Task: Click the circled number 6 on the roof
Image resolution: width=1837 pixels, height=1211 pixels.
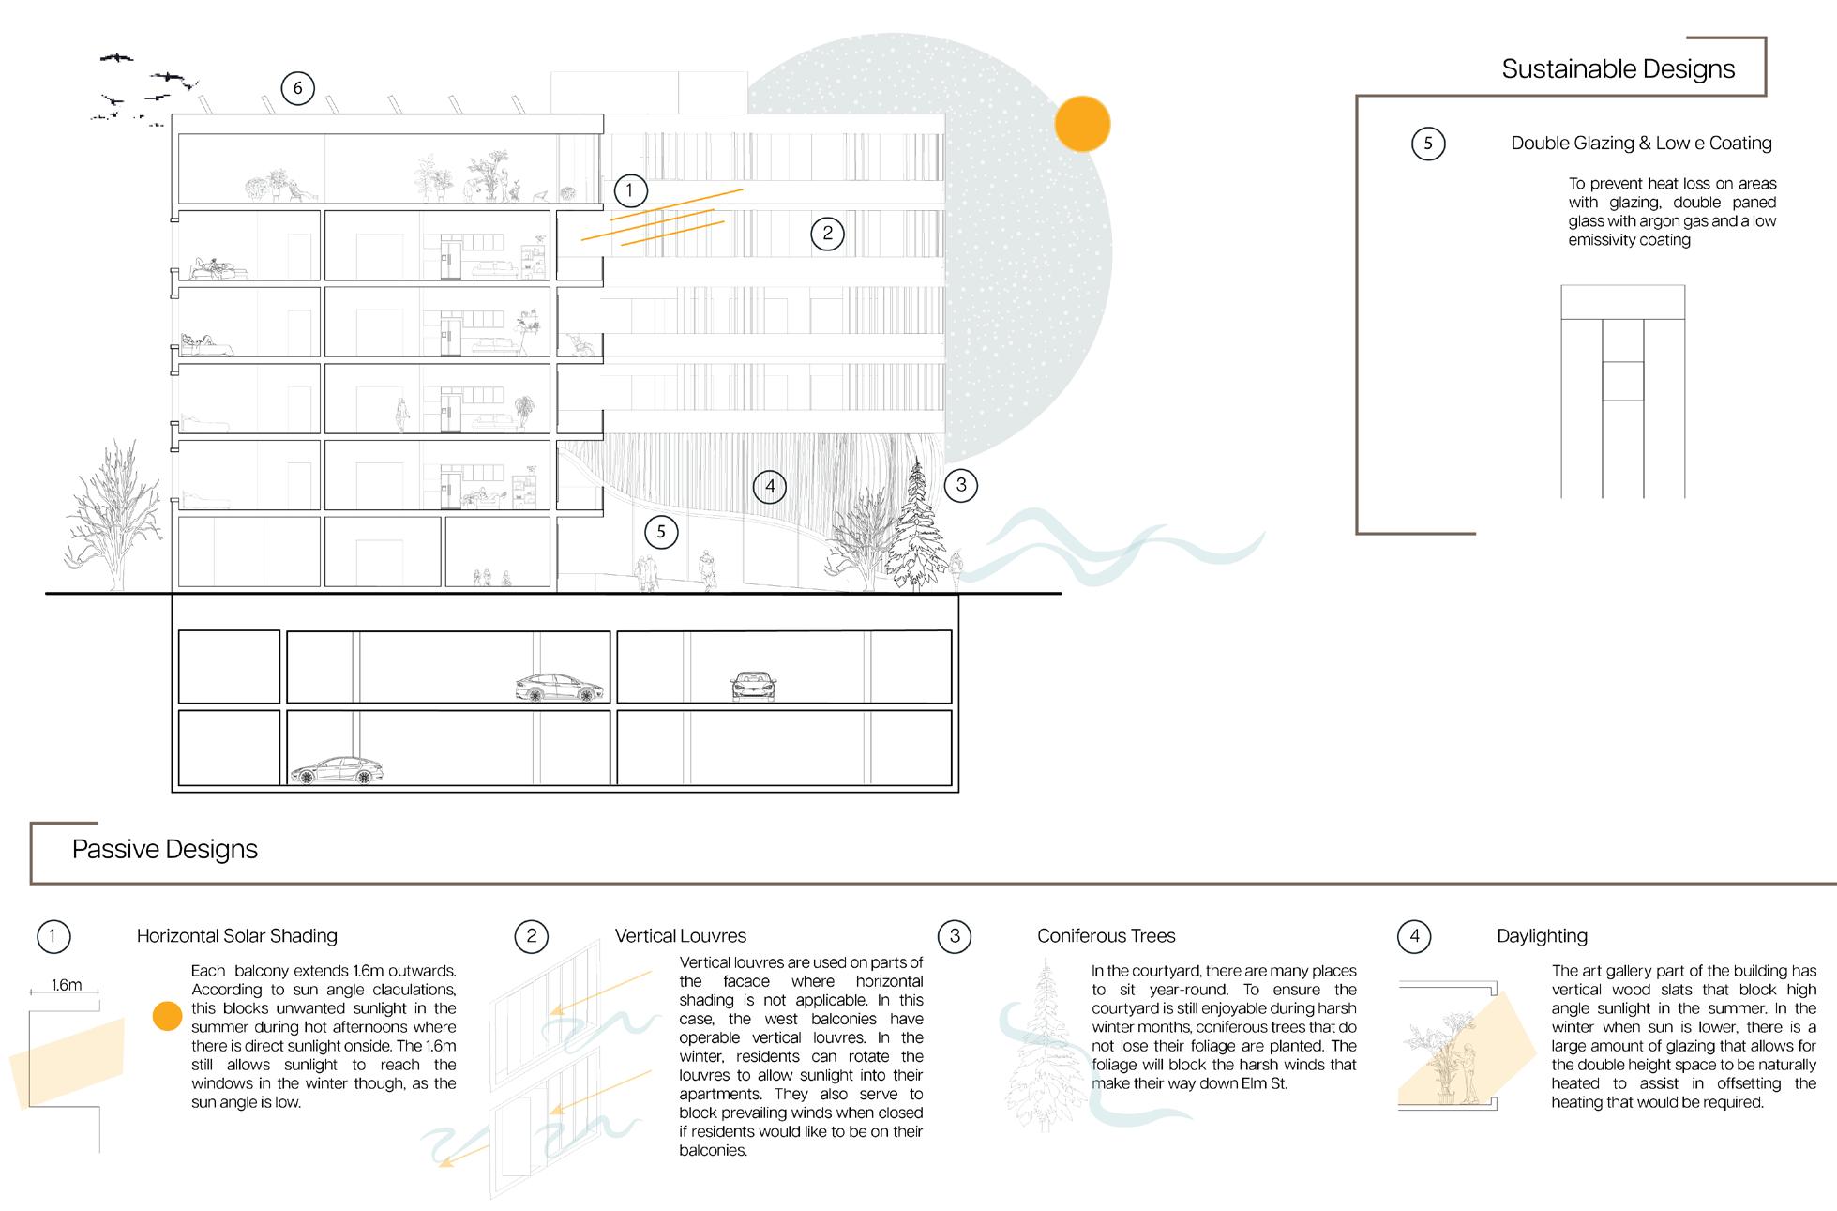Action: (x=298, y=88)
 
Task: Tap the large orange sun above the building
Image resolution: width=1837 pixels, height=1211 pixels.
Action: (x=1082, y=124)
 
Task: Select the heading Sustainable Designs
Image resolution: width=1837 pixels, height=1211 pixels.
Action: (x=1618, y=68)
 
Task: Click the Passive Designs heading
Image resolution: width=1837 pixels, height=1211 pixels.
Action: (x=165, y=849)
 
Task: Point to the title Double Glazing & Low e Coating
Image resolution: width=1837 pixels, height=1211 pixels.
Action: (x=1641, y=144)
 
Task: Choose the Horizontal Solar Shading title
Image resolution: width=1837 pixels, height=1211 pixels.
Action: (x=237, y=935)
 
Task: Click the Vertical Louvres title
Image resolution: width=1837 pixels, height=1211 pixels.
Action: (x=681, y=935)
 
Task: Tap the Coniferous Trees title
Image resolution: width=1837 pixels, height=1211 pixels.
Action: (x=1106, y=935)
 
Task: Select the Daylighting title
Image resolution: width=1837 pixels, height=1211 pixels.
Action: (x=1542, y=935)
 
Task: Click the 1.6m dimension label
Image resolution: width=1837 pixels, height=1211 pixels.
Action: (x=67, y=985)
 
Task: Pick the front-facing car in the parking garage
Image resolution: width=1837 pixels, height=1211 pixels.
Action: (x=754, y=687)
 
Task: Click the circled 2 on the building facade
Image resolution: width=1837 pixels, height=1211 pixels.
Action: (x=827, y=234)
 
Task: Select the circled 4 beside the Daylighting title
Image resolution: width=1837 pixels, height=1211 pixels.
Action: (x=1414, y=936)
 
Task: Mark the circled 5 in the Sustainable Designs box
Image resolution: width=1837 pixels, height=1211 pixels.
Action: (x=1428, y=144)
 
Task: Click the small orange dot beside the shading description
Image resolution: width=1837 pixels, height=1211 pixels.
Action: (x=167, y=1017)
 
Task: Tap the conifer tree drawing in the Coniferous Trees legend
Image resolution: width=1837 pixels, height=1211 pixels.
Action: (x=1045, y=1046)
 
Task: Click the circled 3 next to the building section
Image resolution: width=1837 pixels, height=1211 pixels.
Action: (x=960, y=485)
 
